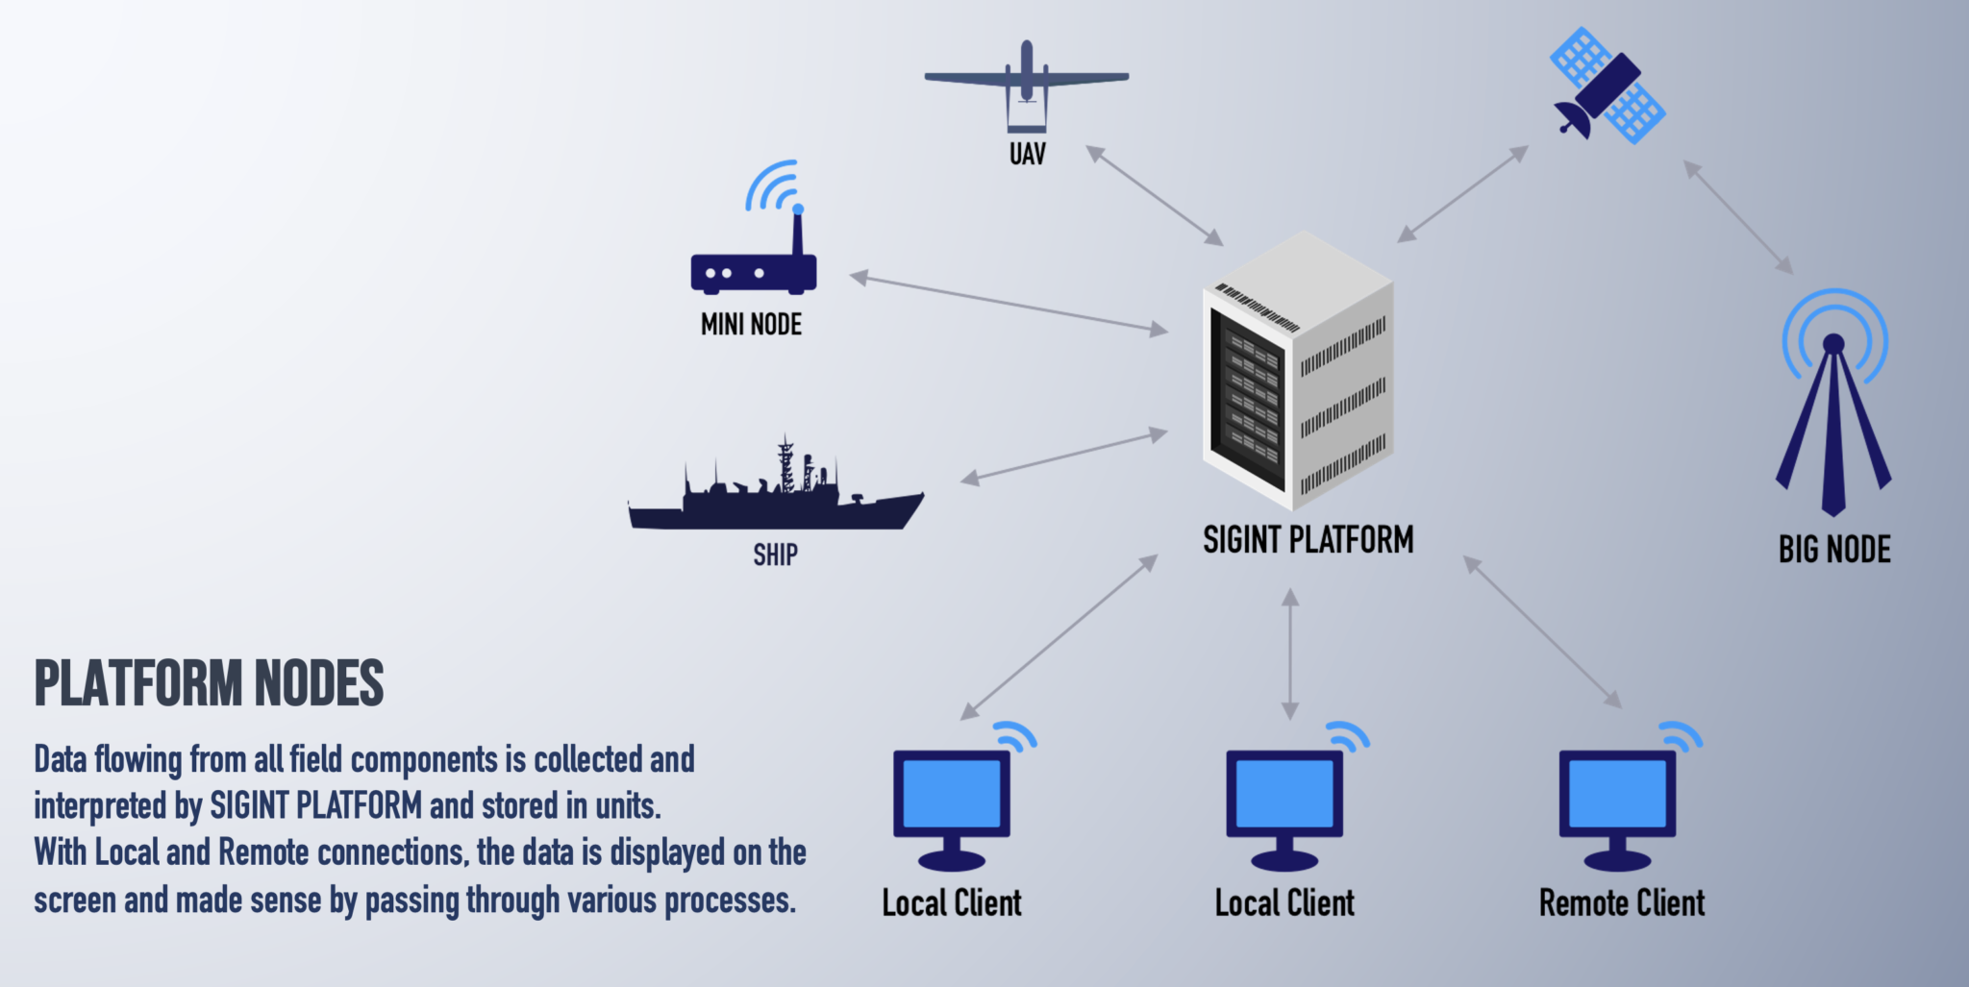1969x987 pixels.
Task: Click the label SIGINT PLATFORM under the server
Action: pos(1309,540)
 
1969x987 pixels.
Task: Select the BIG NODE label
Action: pos(1834,550)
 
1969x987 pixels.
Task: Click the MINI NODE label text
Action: pos(751,325)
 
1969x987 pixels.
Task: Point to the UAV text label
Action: pos(1027,154)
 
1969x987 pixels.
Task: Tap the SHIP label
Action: pos(775,555)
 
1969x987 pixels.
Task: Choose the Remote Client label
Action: pos(1622,903)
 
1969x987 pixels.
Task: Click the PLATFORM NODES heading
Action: pos(210,683)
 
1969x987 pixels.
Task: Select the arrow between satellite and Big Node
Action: pos(1738,217)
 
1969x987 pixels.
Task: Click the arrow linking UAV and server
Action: pos(1155,196)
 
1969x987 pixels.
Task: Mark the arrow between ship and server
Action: pos(1064,456)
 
